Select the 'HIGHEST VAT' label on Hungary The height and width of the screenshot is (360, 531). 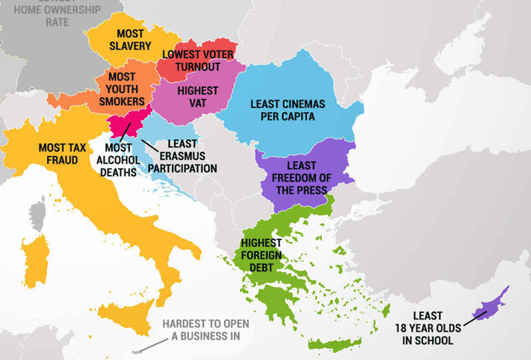pos(197,96)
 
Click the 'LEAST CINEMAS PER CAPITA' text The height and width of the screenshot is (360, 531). pos(287,111)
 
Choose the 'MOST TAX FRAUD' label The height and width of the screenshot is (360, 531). pos(59,154)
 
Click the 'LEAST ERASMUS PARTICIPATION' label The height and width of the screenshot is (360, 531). pos(182,156)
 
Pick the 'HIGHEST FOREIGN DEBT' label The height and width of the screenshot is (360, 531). pos(261,255)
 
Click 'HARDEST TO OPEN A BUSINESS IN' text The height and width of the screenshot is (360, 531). pos(201,329)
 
